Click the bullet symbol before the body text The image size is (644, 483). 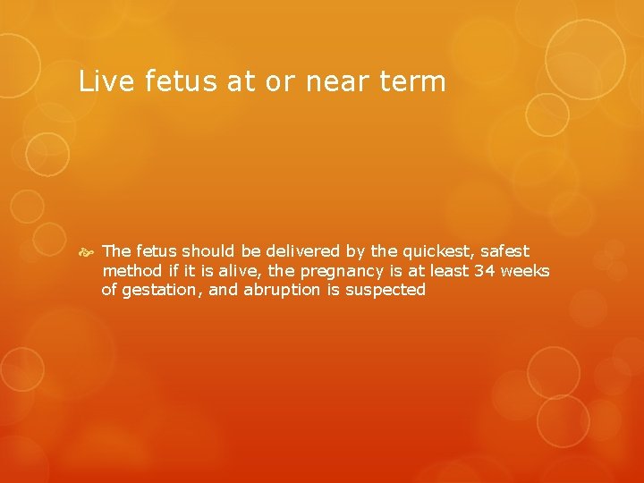tap(86, 252)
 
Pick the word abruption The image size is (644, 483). tap(278, 291)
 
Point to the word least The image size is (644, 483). tap(447, 271)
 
